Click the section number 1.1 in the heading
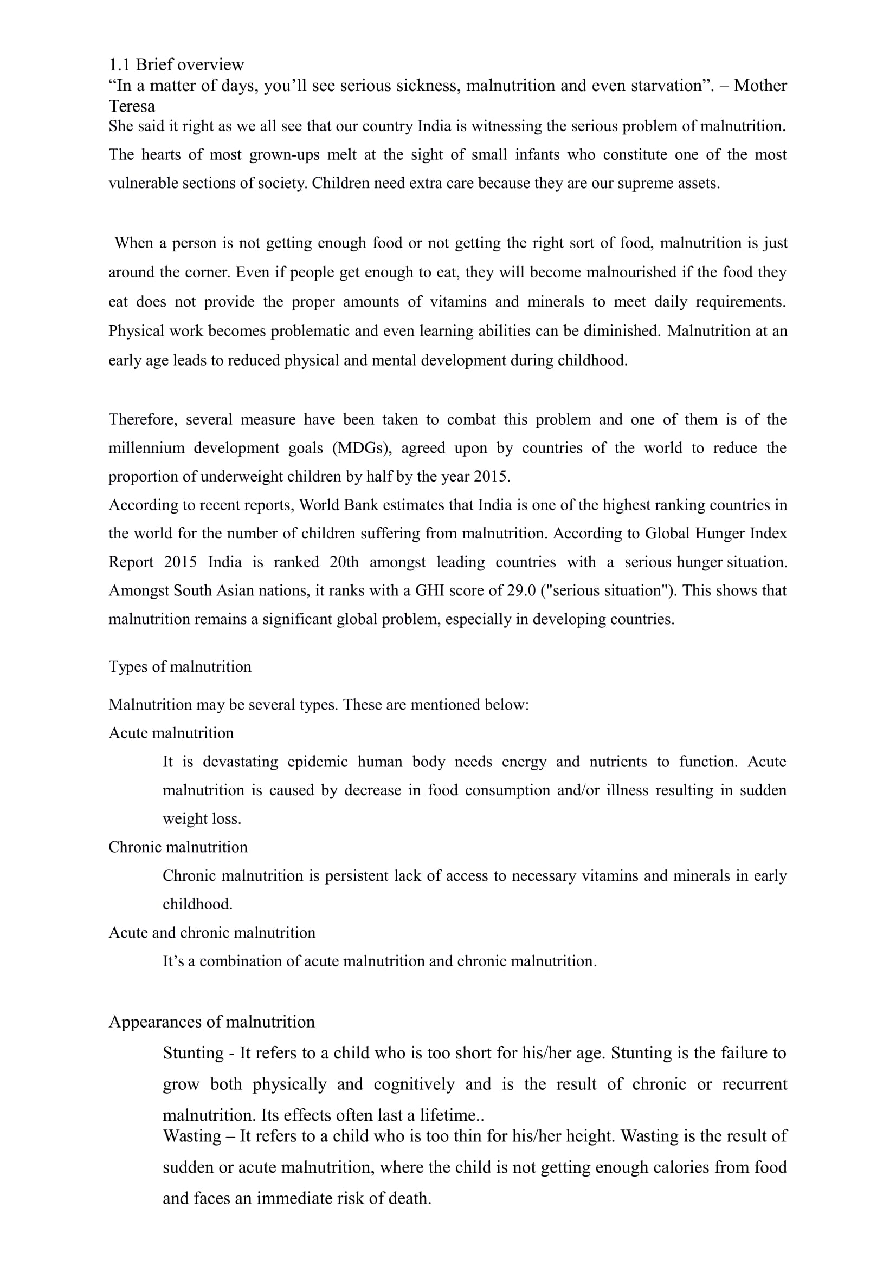119,65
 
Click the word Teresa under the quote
131,106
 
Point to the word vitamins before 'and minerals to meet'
458,302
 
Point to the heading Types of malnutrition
180,667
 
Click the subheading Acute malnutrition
171,733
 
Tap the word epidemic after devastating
318,762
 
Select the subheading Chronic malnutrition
178,847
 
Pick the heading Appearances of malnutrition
211,1022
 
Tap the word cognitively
414,1084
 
